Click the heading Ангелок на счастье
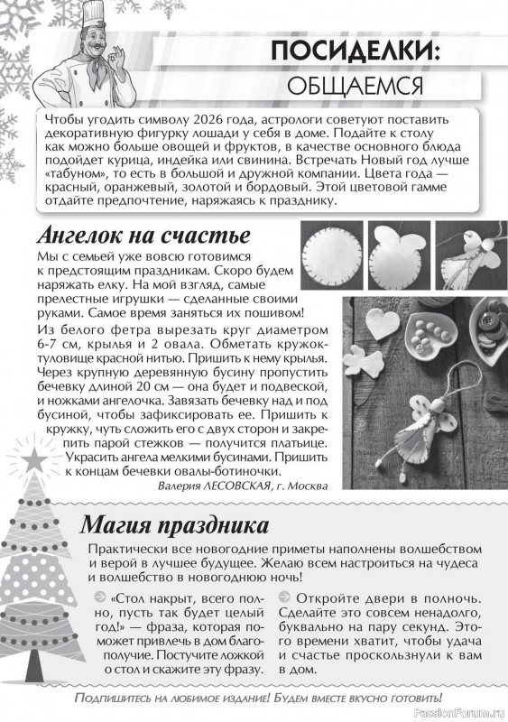click(x=143, y=237)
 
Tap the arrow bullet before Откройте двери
click(x=284, y=597)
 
